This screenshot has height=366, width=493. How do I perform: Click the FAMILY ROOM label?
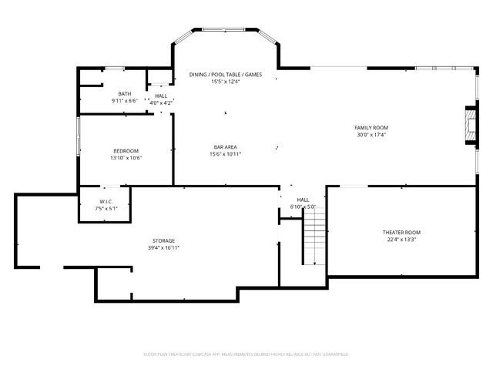371,127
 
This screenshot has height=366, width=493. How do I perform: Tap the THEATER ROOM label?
401,232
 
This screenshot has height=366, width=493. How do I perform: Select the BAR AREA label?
225,146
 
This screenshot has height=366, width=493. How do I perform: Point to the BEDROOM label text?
126,150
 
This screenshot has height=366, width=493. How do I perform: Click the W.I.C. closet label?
106,201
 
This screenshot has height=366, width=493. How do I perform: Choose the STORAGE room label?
163,241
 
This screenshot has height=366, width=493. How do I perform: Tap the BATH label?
124,93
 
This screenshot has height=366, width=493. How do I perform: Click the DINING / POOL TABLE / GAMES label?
226,74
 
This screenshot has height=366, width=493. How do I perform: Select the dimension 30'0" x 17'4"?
371,134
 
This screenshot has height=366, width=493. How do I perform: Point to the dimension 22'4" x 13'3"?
401,239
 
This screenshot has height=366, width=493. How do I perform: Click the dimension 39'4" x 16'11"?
163,248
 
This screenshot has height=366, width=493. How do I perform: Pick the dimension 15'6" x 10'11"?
225,153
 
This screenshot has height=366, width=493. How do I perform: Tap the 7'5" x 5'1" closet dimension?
106,208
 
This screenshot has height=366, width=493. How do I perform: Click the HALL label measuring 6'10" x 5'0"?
304,200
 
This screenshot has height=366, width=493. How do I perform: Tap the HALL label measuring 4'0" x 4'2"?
161,96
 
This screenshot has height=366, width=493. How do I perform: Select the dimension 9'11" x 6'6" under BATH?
124,100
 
